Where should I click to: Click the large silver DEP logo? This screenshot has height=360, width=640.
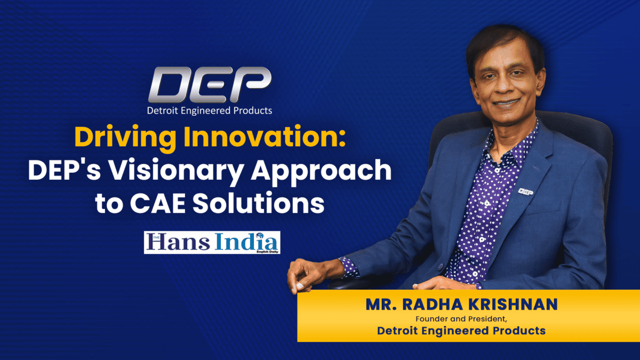click(x=210, y=85)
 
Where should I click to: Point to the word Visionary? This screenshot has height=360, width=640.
click(x=175, y=171)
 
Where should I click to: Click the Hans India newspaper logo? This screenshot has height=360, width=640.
click(x=212, y=242)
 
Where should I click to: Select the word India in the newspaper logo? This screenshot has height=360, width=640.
click(x=246, y=242)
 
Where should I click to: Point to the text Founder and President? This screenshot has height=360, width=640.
click(x=461, y=319)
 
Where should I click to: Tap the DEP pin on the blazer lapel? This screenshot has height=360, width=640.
click(x=526, y=191)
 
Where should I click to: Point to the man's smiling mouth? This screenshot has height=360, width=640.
click(x=507, y=102)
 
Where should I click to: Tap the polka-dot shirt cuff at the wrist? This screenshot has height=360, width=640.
click(x=349, y=267)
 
